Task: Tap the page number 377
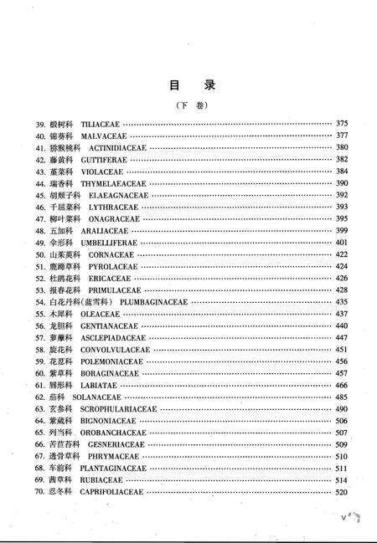(x=341, y=136)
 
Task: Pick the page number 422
(x=341, y=254)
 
